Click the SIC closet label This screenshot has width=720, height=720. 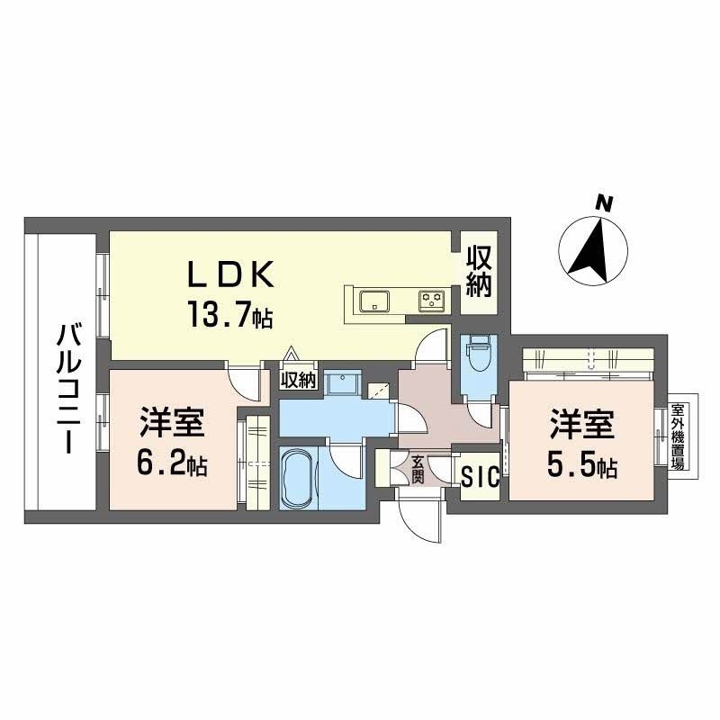click(479, 477)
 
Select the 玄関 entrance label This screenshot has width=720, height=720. click(418, 470)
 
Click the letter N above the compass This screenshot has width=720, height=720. click(606, 204)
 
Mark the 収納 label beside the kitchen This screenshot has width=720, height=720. click(479, 272)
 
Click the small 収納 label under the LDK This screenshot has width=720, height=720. click(298, 380)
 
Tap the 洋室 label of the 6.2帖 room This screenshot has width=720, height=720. click(174, 423)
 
